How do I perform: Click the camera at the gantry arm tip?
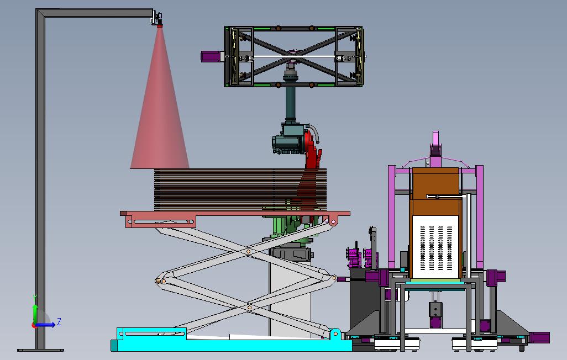pos(157,19)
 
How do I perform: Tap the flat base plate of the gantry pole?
pos(40,350)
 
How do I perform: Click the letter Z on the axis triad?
pos(59,321)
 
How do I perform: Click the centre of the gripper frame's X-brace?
pos(292,56)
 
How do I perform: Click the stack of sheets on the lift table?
pos(240,189)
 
